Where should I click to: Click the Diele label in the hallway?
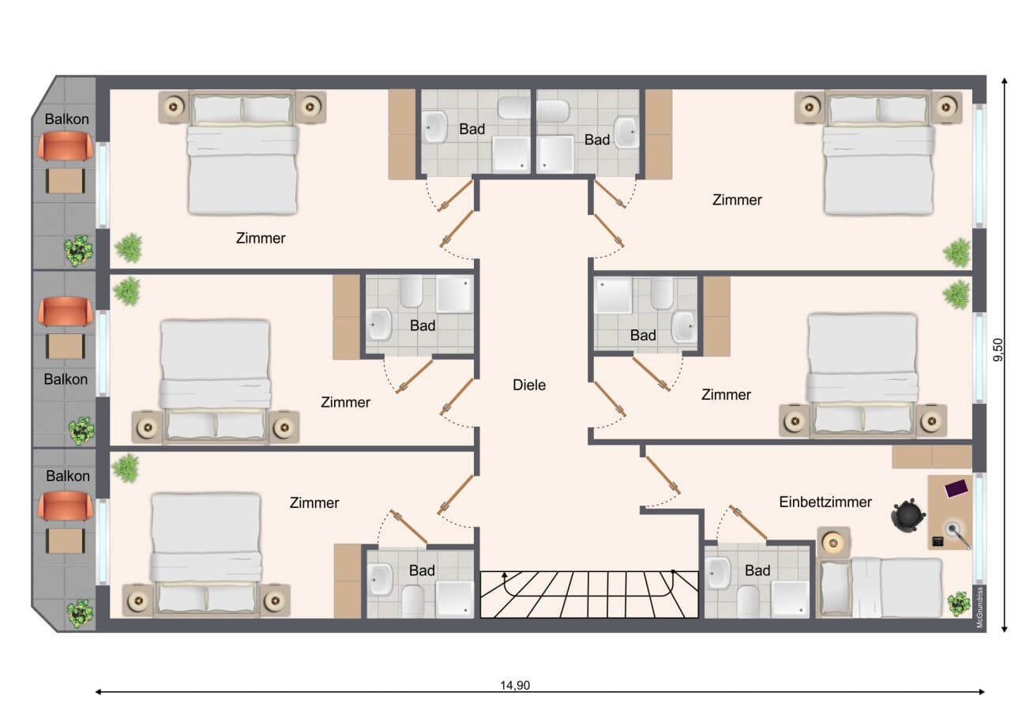529,385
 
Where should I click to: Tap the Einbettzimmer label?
825,502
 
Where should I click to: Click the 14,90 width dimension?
515,685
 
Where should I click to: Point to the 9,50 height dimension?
998,350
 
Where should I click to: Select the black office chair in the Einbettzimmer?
908,514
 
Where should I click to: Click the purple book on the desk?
957,488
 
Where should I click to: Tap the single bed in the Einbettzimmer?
880,587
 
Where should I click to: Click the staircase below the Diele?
589,594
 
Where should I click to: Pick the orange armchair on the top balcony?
66,146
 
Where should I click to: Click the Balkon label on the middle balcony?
66,379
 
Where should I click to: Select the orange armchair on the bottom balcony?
66,506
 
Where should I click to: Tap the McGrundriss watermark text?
979,607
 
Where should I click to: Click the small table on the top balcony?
66,181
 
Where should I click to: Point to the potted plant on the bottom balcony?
80,614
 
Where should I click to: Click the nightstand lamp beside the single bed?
833,542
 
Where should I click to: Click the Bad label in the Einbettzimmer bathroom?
757,570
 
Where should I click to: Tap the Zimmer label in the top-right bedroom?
737,200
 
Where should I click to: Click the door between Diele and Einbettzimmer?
663,475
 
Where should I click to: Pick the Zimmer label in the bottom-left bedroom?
314,502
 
